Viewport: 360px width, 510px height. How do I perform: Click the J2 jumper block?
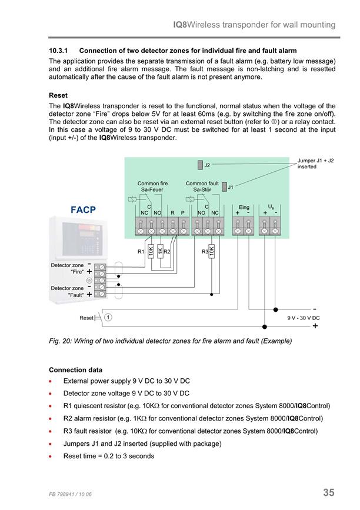[200, 165]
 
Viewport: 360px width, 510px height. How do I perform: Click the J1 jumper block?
[224, 187]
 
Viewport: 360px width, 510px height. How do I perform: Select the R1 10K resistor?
[151, 251]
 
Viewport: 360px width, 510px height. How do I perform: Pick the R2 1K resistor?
[160, 251]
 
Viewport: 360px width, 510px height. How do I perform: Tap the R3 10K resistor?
[211, 251]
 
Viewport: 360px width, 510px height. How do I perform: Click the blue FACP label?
[84, 210]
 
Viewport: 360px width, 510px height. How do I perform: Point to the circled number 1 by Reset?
[108, 317]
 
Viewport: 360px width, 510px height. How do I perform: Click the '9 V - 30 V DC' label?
[303, 318]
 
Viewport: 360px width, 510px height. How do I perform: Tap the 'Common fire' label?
[152, 184]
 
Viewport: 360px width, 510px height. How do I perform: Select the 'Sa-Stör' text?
[202, 189]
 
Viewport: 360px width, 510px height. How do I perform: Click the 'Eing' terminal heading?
[244, 207]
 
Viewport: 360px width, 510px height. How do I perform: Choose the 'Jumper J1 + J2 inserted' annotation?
[315, 164]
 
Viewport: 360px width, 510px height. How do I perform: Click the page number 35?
[329, 492]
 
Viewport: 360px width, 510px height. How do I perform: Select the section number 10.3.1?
[58, 51]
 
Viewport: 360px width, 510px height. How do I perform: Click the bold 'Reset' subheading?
[58, 95]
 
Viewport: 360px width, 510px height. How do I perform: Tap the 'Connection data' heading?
[75, 370]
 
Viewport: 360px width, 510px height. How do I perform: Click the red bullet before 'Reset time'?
[50, 456]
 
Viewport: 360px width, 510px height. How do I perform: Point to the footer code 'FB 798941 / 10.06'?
[70, 494]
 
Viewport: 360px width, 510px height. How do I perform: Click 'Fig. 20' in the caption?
[59, 341]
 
